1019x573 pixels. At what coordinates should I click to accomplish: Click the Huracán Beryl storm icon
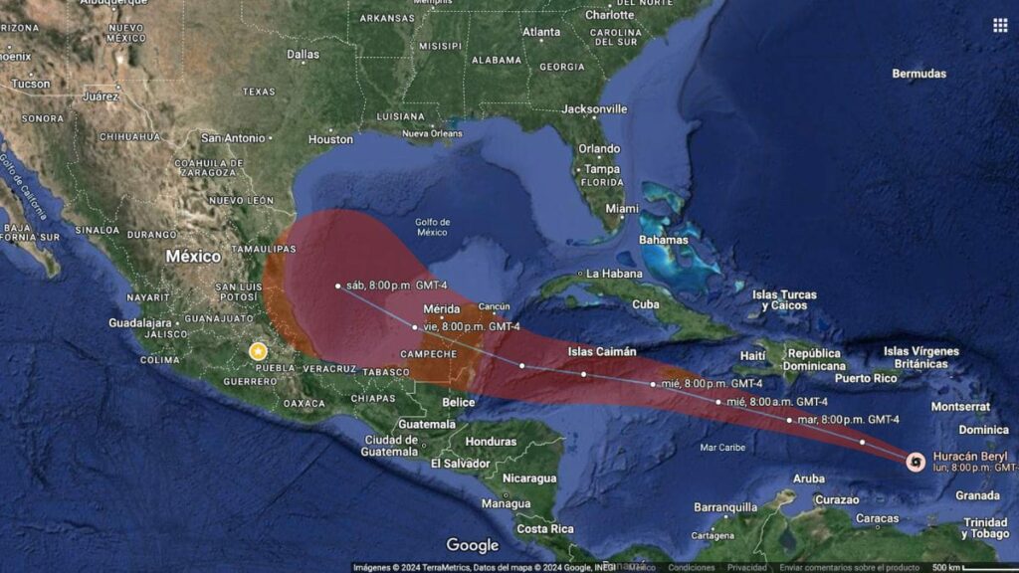click(x=916, y=461)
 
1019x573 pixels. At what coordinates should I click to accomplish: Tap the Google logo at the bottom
click(x=472, y=545)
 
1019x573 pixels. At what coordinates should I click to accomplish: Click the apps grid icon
click(x=1000, y=25)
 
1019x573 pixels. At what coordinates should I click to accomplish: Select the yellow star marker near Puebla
click(x=259, y=351)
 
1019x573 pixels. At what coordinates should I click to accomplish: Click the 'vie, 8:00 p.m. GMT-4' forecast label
click(x=473, y=326)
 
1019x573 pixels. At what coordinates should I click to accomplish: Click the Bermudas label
click(x=918, y=74)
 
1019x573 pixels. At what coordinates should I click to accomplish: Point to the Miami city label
click(x=622, y=209)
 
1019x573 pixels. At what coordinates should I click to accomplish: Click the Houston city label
click(x=331, y=139)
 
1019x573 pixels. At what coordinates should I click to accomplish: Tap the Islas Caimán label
click(x=602, y=351)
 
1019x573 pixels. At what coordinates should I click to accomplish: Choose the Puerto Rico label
click(x=866, y=378)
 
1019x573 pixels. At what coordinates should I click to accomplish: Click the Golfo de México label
click(x=433, y=227)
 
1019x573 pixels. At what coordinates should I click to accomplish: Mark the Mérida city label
click(x=441, y=308)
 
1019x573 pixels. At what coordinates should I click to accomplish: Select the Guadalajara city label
click(x=141, y=322)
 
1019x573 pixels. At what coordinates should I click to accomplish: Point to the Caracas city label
click(x=877, y=518)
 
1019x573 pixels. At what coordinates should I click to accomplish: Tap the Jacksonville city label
click(x=594, y=108)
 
